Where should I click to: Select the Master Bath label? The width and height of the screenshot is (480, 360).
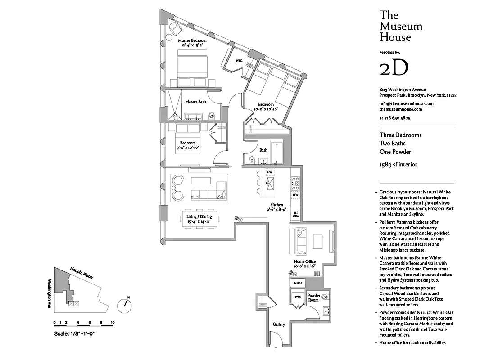195,102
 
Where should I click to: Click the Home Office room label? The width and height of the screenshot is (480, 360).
304,261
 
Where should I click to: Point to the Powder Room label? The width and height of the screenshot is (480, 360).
313,298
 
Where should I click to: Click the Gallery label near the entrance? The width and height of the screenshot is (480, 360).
279,324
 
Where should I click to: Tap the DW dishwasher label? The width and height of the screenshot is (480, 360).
270,172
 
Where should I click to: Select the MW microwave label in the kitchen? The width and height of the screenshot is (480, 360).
295,194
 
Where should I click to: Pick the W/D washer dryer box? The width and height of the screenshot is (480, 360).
297,297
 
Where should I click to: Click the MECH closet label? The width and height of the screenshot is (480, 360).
297,283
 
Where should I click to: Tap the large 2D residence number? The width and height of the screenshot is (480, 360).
394,68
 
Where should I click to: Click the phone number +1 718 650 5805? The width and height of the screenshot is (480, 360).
395,118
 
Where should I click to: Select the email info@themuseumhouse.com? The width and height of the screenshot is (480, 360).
406,103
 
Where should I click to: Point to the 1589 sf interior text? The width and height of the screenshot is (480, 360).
398,165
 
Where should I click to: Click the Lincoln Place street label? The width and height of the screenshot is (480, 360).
81,272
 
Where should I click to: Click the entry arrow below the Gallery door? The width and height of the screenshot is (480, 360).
276,348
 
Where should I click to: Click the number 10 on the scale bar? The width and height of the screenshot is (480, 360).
112,323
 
